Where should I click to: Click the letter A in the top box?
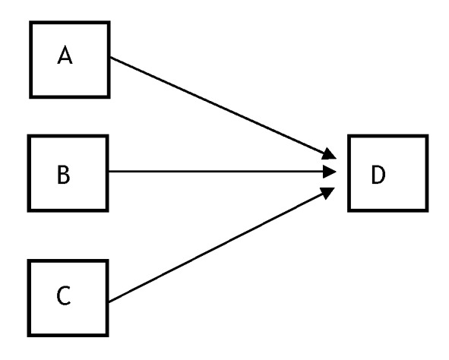(x=65, y=55)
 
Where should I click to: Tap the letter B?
(x=64, y=175)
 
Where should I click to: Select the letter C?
(x=64, y=296)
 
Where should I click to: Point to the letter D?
(x=378, y=175)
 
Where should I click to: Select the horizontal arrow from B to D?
(x=222, y=172)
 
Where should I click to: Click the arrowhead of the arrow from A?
(x=329, y=154)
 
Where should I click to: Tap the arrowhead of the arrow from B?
(x=329, y=172)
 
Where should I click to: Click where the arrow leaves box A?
(x=110, y=57)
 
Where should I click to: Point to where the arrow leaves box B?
(x=109, y=172)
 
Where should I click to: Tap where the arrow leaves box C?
(x=109, y=302)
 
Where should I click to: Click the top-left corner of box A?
(x=30, y=21)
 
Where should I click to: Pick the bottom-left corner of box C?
(x=27, y=336)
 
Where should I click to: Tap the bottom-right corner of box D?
(x=428, y=212)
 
